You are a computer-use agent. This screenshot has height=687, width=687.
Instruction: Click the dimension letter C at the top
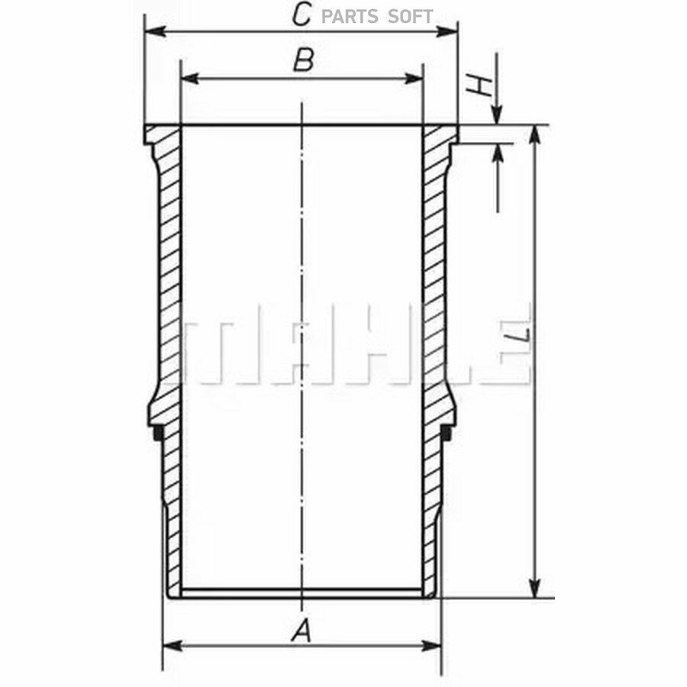coord(302,15)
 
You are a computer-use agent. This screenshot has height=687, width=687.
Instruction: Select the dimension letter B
coord(304,60)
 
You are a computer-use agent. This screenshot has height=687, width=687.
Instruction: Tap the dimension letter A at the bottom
coord(302,631)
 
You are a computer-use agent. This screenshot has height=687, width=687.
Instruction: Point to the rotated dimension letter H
coord(479,85)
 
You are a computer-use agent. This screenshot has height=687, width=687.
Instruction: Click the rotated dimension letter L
coord(517,335)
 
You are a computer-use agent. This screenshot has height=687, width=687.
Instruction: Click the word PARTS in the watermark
coord(350,17)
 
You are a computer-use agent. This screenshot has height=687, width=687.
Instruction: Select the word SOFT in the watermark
coord(411,17)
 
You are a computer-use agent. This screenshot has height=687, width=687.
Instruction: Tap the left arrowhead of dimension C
coord(155,31)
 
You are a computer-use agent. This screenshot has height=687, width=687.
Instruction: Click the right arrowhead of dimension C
coord(447,31)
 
